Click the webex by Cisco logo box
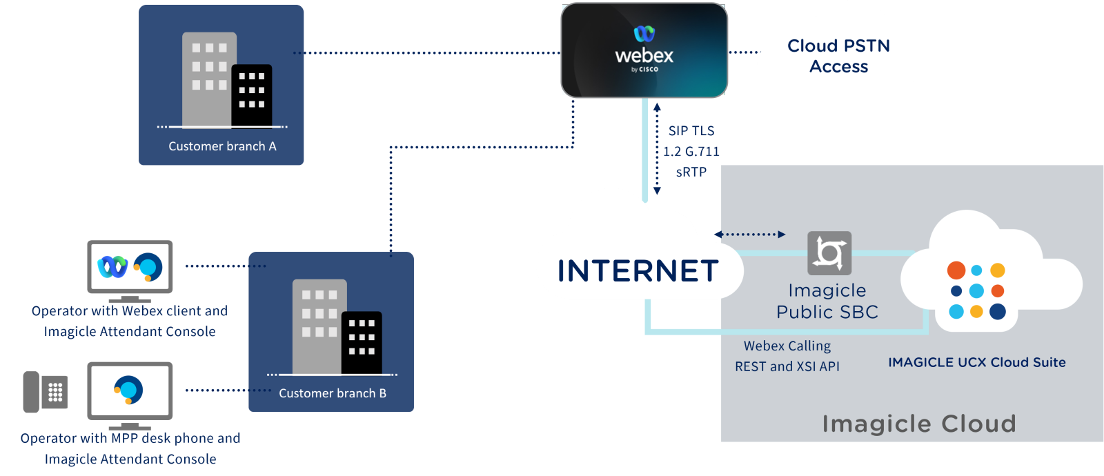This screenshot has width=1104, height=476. (x=644, y=50)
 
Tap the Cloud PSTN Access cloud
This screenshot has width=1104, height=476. (x=838, y=56)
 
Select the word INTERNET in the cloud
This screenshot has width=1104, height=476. (x=638, y=271)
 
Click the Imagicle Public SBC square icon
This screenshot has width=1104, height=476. (x=829, y=252)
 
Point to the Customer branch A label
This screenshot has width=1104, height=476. (x=222, y=146)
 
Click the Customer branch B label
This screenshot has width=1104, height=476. (x=332, y=393)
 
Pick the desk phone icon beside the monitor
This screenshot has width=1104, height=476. (x=46, y=392)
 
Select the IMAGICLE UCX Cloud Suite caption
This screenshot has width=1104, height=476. (x=976, y=362)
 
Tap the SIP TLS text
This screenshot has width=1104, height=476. (x=691, y=131)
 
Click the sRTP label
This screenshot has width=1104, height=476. (x=691, y=172)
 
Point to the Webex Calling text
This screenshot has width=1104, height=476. (x=787, y=346)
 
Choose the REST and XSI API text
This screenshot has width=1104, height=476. (x=787, y=366)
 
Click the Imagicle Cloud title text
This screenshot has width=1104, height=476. (x=919, y=423)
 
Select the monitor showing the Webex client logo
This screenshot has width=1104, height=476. (x=130, y=267)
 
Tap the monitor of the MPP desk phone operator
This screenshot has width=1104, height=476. (x=130, y=390)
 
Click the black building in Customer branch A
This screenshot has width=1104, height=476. (x=252, y=95)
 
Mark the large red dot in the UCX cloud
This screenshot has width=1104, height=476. (x=956, y=270)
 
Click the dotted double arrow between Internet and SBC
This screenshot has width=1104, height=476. (x=749, y=235)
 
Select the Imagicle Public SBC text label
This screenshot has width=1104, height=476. (x=827, y=301)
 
